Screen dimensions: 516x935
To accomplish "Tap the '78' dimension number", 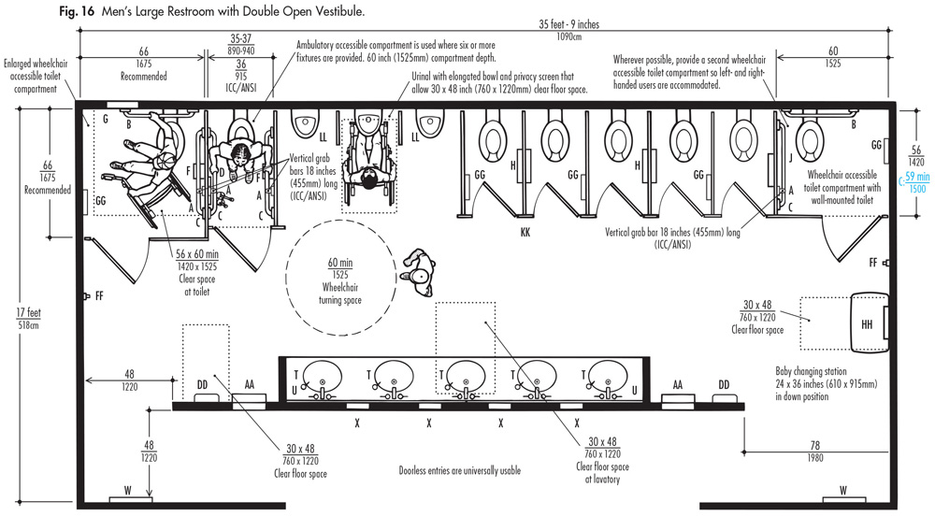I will [x=816, y=446].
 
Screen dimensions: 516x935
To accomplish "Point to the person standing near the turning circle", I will [x=417, y=269].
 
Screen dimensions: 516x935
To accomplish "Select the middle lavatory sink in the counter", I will [x=465, y=376].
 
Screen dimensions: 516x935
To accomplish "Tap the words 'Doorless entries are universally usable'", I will [x=459, y=471].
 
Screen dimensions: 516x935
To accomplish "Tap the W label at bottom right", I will [x=842, y=490].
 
